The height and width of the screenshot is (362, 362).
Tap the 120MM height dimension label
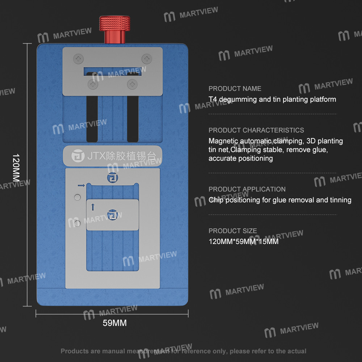point(16,168)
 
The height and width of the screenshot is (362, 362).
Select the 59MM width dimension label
point(115,323)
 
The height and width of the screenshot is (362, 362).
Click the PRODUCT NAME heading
point(235,89)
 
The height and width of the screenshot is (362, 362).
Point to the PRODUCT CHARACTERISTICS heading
point(256,130)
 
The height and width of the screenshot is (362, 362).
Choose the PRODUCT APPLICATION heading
point(247,189)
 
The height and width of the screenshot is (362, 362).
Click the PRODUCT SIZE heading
point(233,231)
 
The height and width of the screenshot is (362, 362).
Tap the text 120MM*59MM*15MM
point(244,241)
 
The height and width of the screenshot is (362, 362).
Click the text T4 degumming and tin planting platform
point(273,100)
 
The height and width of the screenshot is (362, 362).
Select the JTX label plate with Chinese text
point(113,156)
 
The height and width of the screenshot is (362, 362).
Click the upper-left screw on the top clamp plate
point(78,59)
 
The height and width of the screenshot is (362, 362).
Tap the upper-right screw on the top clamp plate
point(147,59)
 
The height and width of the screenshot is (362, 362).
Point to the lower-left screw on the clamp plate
point(93,84)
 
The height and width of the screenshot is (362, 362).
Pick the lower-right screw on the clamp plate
point(132,84)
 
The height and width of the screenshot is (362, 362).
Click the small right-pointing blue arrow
point(81,185)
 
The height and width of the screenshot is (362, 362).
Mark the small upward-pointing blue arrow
point(93,207)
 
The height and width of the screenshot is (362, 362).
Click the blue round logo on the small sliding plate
point(113,215)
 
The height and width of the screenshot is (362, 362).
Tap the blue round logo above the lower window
point(113,178)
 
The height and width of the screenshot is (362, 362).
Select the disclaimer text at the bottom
point(183,351)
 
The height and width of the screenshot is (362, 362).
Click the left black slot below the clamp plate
point(92,119)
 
